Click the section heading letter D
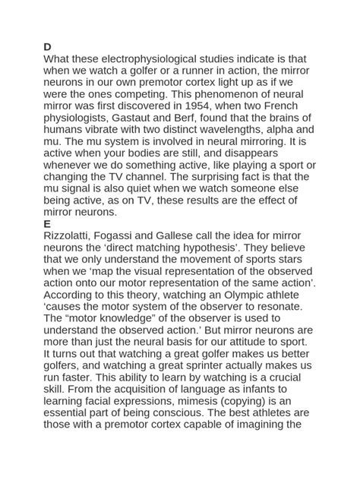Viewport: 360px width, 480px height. click(48, 47)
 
